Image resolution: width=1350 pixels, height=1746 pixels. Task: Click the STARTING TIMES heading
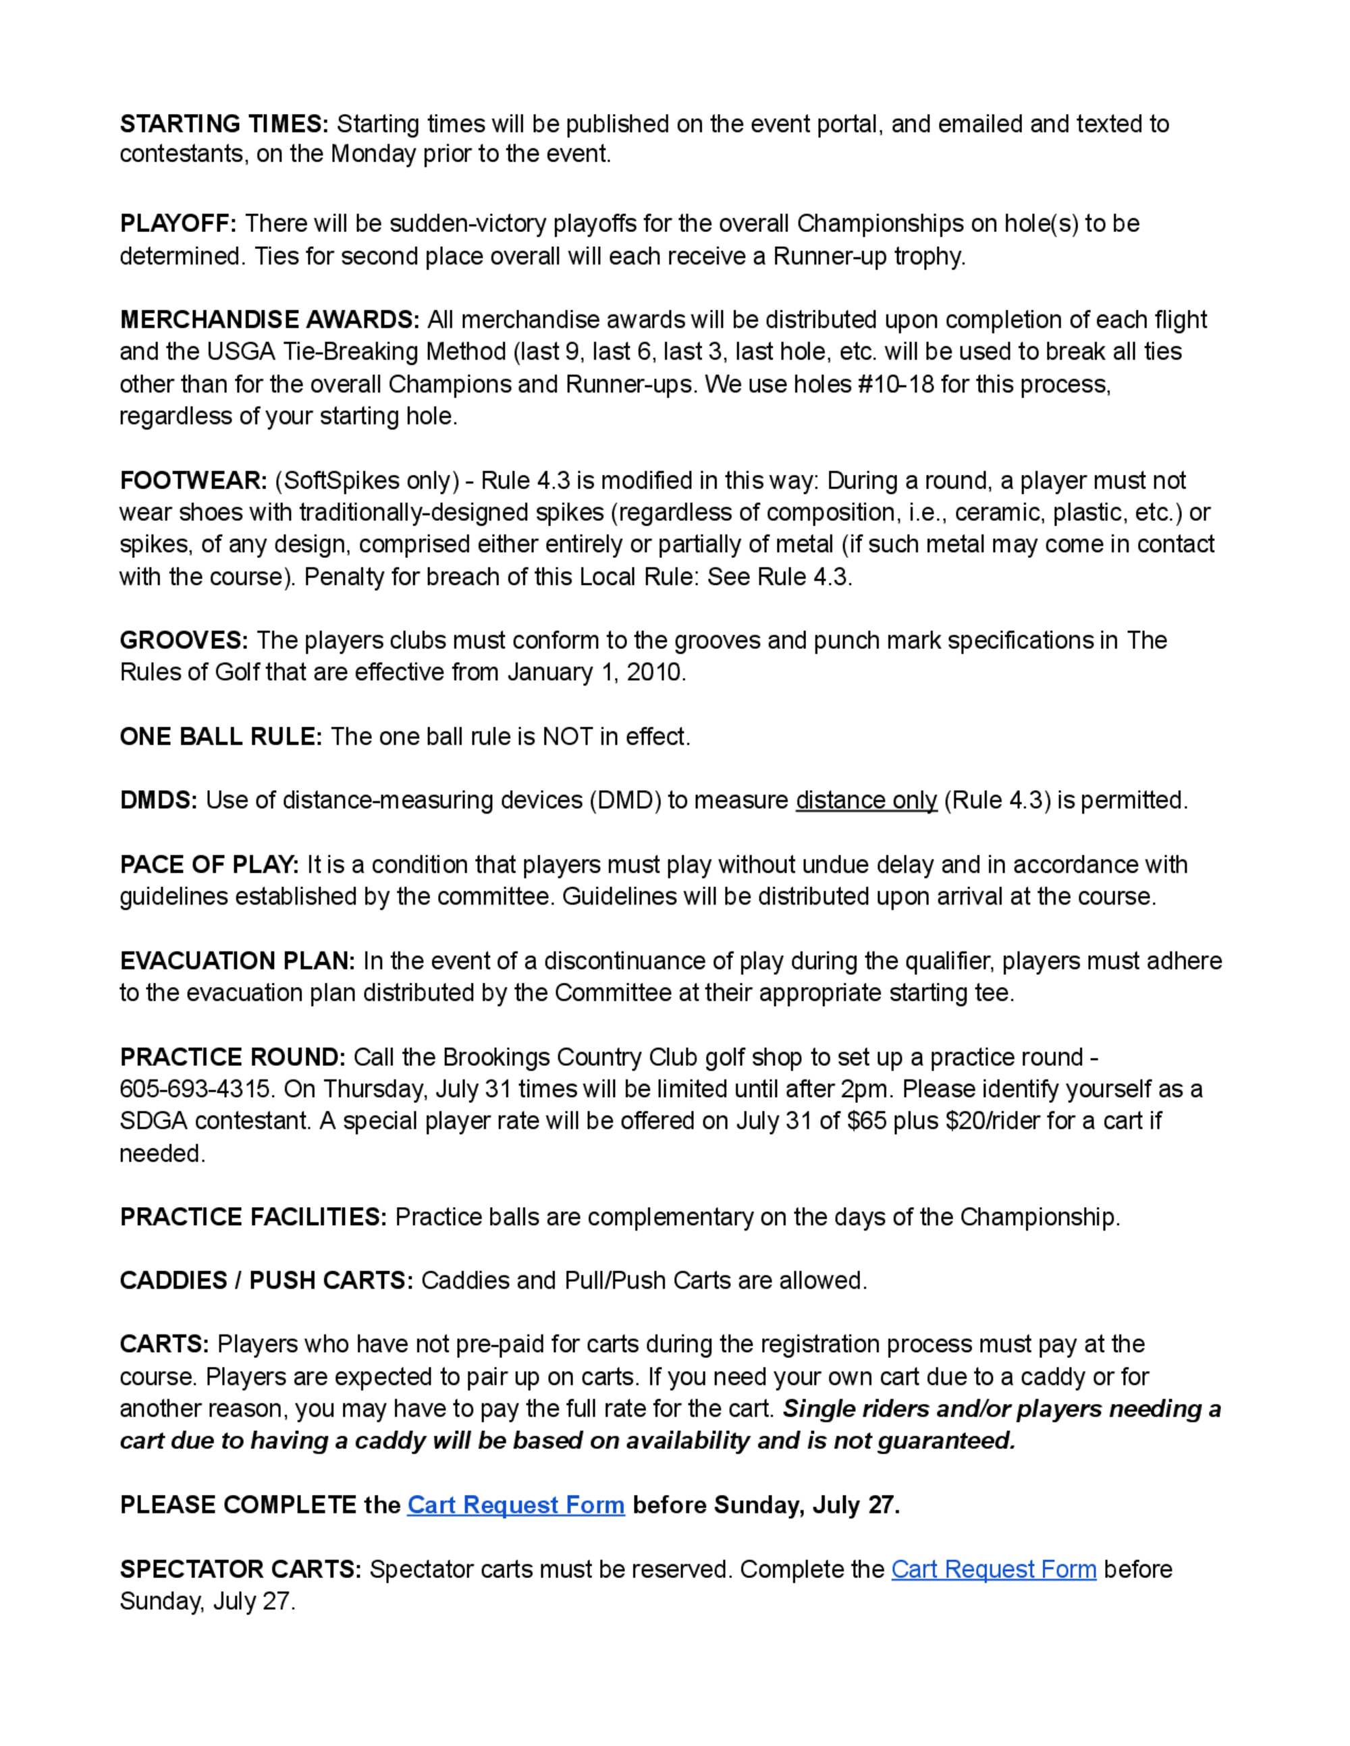click(224, 124)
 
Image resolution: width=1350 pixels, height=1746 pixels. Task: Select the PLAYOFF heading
click(178, 223)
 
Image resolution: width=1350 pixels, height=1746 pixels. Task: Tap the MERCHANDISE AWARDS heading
click(269, 320)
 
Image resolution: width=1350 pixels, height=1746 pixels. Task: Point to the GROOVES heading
click(184, 640)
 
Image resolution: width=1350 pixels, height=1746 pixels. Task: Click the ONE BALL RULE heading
click(221, 736)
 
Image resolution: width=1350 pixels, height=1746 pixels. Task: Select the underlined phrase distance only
click(866, 800)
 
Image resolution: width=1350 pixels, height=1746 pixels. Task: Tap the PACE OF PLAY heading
click(209, 864)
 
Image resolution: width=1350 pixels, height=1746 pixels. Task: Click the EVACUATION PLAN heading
click(238, 960)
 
